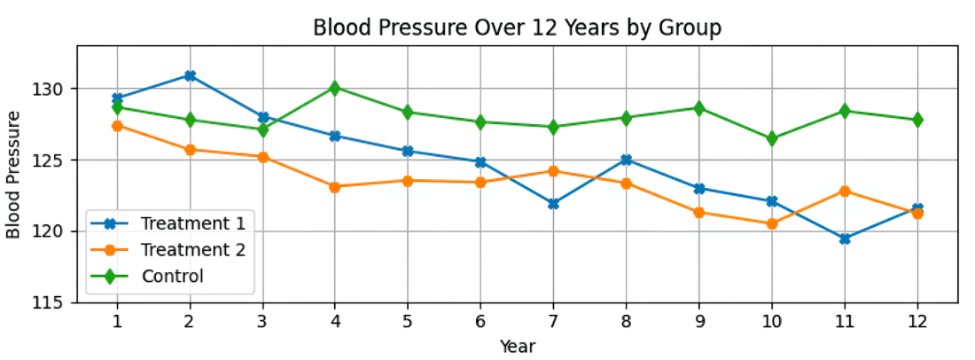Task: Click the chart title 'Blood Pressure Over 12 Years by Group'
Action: point(517,28)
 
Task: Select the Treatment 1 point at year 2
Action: point(191,76)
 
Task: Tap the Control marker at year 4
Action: point(335,89)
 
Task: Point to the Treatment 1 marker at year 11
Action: point(845,239)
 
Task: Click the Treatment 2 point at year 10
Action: point(772,223)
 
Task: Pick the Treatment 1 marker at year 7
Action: point(553,204)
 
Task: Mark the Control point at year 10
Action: point(772,138)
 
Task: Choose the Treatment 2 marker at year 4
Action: point(335,186)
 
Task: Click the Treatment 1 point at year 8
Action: point(626,160)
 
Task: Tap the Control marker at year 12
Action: point(917,120)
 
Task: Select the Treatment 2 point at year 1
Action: point(118,126)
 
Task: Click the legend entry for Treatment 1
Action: point(168,223)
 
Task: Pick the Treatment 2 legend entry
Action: point(168,250)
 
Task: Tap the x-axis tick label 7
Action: point(553,322)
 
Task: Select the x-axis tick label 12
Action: point(917,322)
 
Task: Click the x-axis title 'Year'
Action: point(518,346)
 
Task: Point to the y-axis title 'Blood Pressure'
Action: point(14,174)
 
